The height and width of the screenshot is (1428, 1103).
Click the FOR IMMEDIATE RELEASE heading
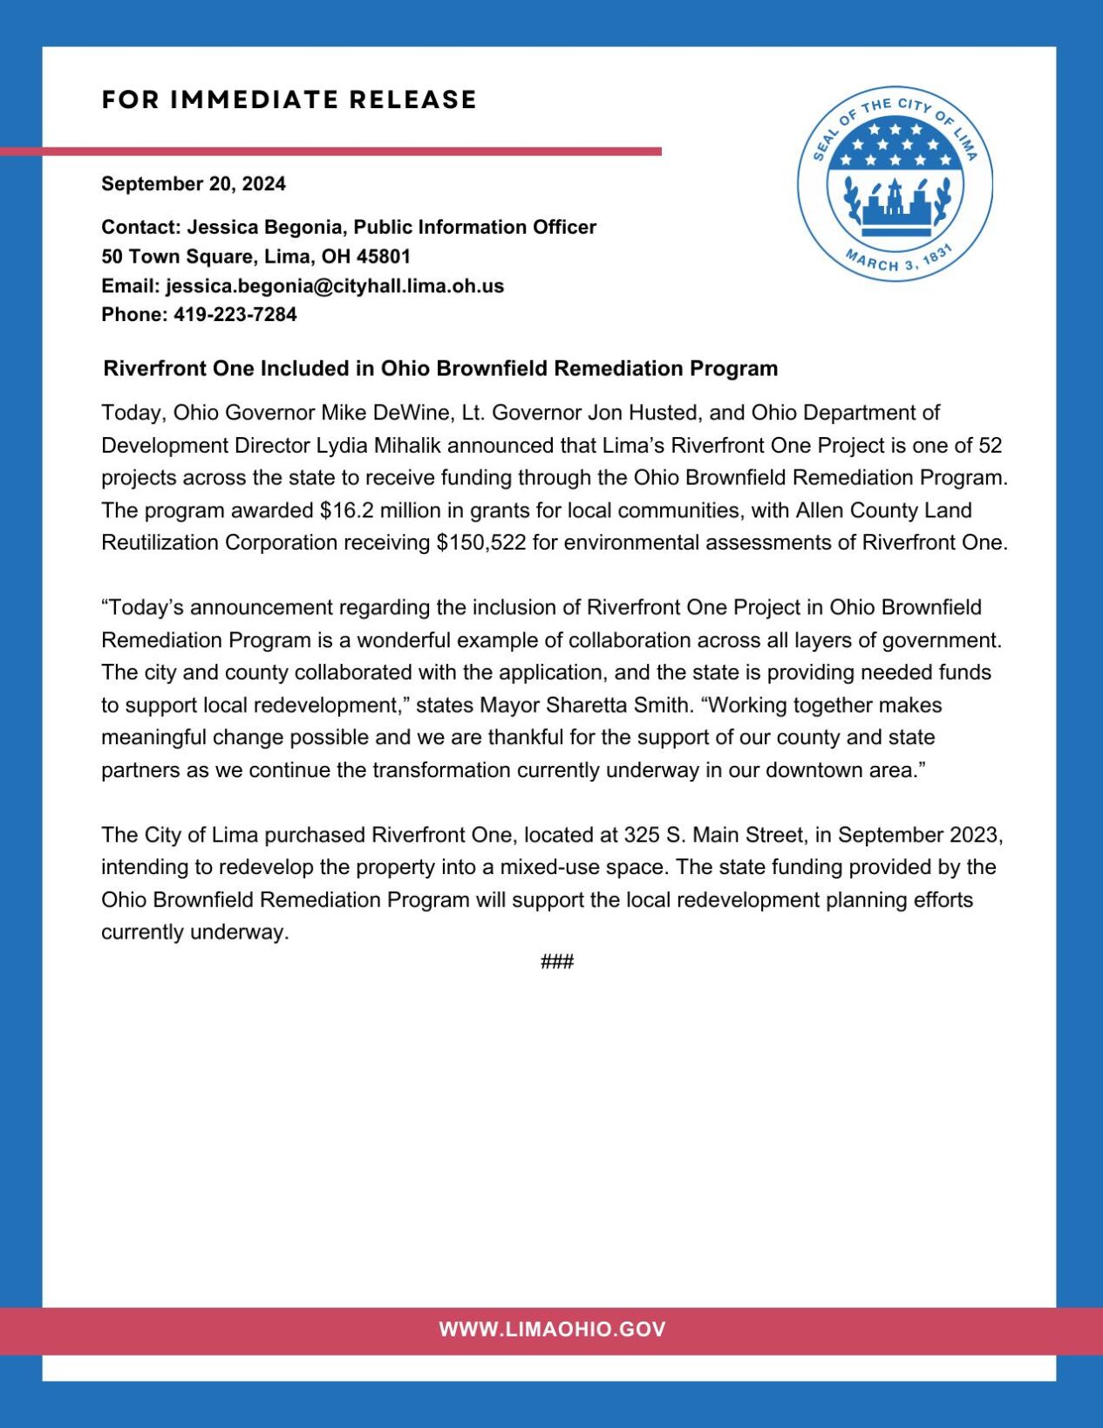click(x=289, y=99)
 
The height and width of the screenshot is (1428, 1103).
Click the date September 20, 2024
click(x=194, y=184)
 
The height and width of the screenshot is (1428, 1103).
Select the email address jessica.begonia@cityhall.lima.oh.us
click(x=335, y=286)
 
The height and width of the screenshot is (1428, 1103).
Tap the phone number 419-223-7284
click(x=235, y=315)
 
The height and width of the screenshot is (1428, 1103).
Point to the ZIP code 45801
click(x=383, y=256)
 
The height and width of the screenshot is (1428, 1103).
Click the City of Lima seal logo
click(x=895, y=184)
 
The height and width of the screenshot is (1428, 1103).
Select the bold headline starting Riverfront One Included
click(x=440, y=368)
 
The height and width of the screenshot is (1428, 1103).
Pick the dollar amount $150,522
click(x=481, y=543)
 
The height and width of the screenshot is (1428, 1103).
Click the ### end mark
click(x=557, y=962)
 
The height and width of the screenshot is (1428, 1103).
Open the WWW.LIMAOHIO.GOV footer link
click(x=552, y=1329)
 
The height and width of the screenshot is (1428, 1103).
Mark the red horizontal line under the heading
click(x=331, y=152)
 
